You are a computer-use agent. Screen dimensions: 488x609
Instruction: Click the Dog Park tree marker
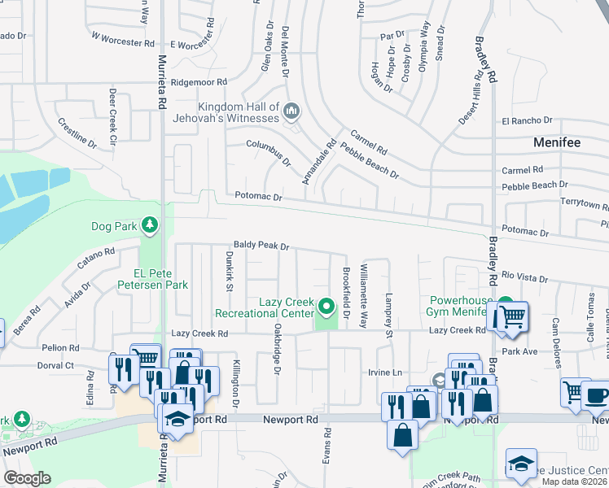point(148,224)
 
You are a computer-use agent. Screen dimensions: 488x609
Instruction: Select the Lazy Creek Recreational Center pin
point(326,307)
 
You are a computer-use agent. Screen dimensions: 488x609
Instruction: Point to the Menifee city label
point(557,142)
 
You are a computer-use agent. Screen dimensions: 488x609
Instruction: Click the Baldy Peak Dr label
point(261,245)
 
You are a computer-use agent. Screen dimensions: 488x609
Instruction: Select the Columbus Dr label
point(269,151)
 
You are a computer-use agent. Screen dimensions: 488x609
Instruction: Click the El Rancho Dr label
point(521,121)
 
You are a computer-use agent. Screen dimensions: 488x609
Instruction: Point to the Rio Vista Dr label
point(525,277)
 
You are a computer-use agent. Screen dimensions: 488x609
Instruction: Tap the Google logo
point(27,478)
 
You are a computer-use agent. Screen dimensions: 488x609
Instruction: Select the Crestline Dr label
point(77,133)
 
